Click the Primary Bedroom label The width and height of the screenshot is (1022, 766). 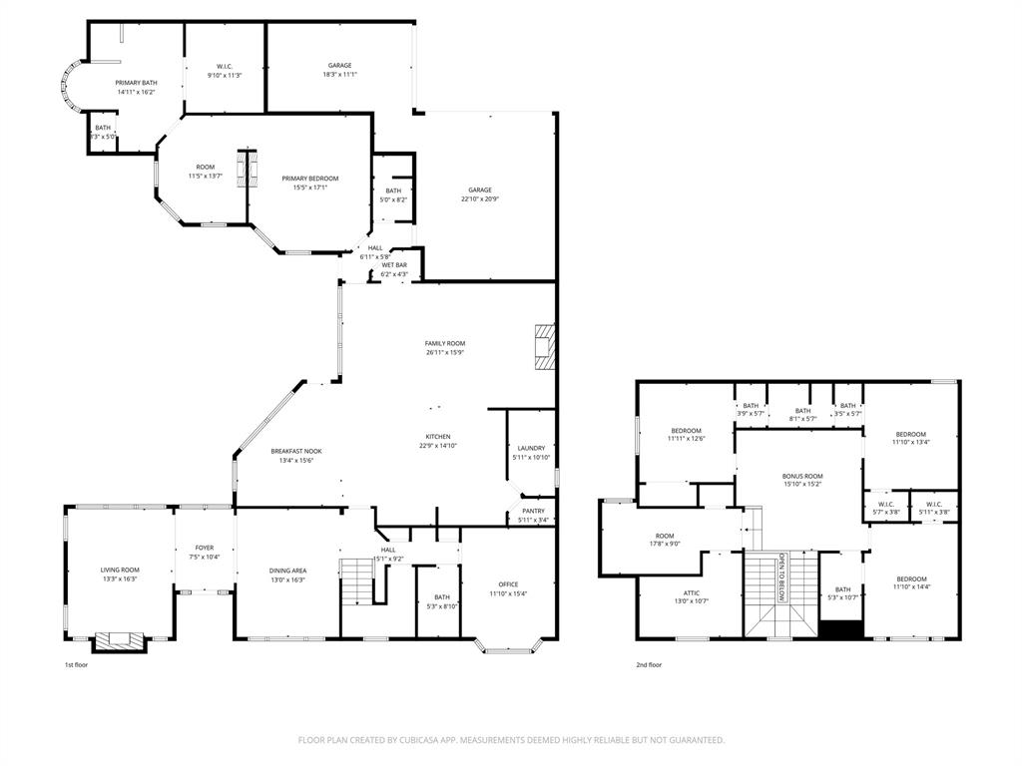click(315, 179)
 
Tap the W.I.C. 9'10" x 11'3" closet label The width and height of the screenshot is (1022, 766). click(225, 66)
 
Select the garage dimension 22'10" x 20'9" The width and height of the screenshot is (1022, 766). click(480, 198)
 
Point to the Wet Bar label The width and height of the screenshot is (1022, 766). click(394, 265)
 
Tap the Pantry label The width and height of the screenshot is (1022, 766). click(533, 511)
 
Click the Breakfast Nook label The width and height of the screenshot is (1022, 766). click(296, 451)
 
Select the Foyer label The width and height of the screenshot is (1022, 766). click(205, 548)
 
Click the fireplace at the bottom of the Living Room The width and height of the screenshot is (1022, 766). click(120, 638)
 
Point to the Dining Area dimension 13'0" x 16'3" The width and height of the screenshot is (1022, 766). click(287, 579)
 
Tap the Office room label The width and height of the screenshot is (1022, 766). click(508, 584)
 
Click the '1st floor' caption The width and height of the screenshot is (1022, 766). click(77, 664)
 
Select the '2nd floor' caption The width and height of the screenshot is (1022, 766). click(649, 664)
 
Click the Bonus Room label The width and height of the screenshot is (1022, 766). click(802, 476)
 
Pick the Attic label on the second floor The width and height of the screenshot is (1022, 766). click(691, 592)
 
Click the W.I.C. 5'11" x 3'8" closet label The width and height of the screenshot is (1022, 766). click(934, 504)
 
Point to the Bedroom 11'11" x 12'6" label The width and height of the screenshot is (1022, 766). click(686, 430)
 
